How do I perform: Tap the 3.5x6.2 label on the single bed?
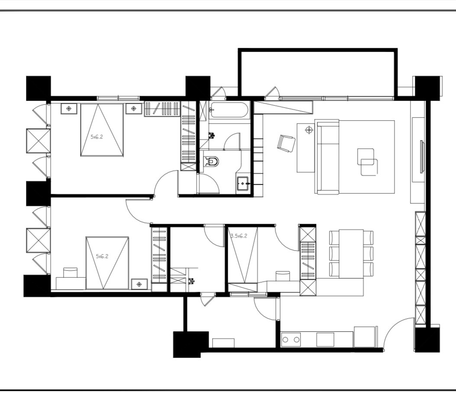[x=239, y=236]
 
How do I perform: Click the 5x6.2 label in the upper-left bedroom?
[x=97, y=137]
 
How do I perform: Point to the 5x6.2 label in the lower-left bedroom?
[x=102, y=256]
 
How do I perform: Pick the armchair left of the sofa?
[x=286, y=143]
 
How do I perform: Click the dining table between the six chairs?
[x=351, y=253]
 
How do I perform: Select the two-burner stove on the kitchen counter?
[x=291, y=339]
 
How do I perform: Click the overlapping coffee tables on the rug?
[x=368, y=162]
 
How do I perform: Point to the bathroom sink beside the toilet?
[x=243, y=184]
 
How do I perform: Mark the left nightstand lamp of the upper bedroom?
[x=69, y=108]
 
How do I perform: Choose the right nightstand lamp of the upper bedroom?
[x=133, y=108]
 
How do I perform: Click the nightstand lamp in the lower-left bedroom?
[x=139, y=284]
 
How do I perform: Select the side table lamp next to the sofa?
[x=309, y=130]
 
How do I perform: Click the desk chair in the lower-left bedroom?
[x=71, y=273]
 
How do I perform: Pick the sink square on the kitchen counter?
[x=325, y=339]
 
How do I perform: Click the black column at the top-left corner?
[x=39, y=88]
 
